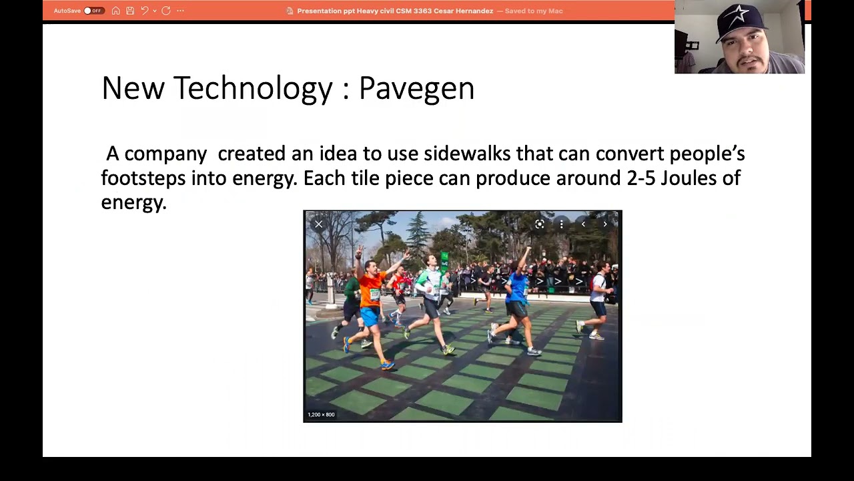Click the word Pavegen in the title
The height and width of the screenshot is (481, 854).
[x=416, y=89]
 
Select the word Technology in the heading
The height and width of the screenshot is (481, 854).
[x=252, y=89]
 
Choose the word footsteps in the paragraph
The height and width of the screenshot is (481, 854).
[x=143, y=178]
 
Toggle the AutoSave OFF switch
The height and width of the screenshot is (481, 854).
[x=93, y=11]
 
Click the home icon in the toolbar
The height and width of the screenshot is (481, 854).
[x=116, y=11]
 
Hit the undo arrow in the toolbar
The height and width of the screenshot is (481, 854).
[x=144, y=11]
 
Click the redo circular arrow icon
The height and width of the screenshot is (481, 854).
[x=166, y=11]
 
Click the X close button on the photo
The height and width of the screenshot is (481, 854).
[x=319, y=224]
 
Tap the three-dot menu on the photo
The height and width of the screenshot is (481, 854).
[x=561, y=224]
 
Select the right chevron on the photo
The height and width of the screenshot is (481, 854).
[x=605, y=224]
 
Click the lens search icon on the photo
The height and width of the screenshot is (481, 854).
[x=540, y=224]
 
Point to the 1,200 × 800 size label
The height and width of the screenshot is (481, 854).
[x=321, y=415]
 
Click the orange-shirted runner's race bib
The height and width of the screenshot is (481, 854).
[x=374, y=295]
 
